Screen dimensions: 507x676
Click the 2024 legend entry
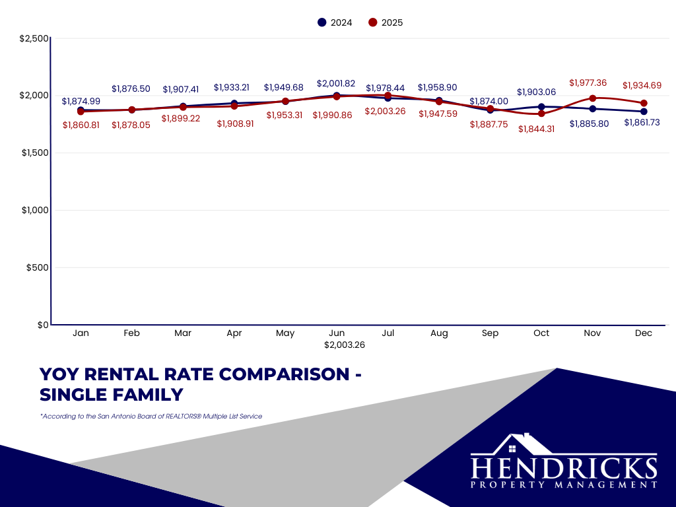pos(335,22)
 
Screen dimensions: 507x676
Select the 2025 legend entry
pos(386,22)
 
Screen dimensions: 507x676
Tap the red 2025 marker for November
pos(592,98)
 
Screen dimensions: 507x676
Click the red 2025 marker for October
pos(541,114)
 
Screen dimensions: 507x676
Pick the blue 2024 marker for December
pos(644,112)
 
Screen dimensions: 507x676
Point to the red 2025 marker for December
pos(644,103)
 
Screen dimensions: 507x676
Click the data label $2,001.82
pos(336,84)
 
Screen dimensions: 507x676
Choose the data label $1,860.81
pos(81,125)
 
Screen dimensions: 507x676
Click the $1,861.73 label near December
pos(642,123)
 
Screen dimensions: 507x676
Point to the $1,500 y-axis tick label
pos(33,152)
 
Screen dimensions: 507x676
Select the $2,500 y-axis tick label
pos(34,38)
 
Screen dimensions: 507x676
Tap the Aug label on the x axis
pos(439,333)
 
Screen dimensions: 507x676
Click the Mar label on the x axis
pos(183,333)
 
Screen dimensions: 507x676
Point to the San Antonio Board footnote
pos(151,417)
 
